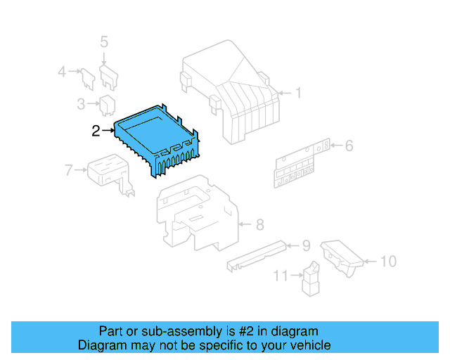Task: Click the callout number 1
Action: (x=297, y=93)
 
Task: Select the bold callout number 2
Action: (x=96, y=130)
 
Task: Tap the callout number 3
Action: (x=81, y=105)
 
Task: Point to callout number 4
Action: (x=61, y=71)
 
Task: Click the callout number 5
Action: (x=104, y=42)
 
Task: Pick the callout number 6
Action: (x=349, y=146)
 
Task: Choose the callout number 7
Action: (x=68, y=169)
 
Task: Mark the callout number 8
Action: (x=259, y=225)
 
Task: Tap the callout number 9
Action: (x=306, y=245)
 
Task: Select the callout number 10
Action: (x=388, y=262)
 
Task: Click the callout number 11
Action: (x=281, y=276)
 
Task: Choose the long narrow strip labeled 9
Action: (x=257, y=255)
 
